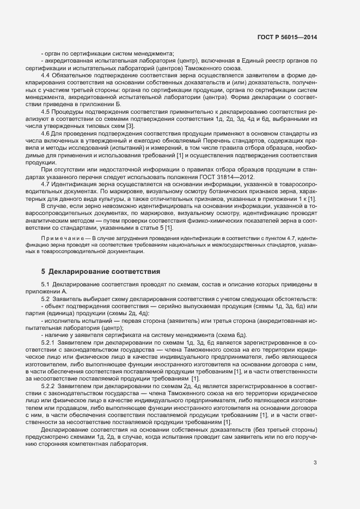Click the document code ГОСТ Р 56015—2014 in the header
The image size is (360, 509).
click(x=287, y=38)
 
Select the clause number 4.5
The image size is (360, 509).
click(x=45, y=111)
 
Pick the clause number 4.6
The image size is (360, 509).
click(x=45, y=133)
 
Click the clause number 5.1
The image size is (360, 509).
click(x=45, y=285)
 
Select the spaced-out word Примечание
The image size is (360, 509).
click(x=58, y=224)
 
